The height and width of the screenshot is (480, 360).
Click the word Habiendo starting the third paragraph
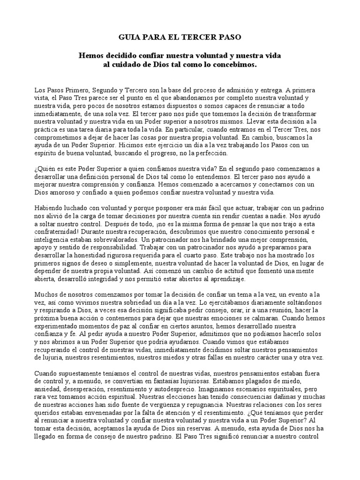(x=50, y=208)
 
